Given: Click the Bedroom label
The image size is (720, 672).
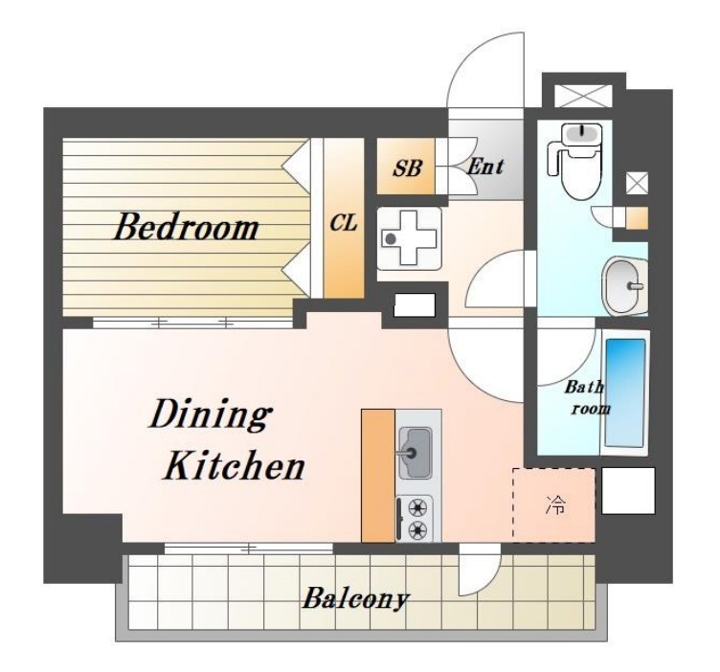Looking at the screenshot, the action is click(187, 227).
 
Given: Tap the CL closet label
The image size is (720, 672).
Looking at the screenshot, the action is click(344, 223).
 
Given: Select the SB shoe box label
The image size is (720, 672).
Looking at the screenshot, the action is click(407, 168).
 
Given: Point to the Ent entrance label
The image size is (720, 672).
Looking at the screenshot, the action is click(485, 168).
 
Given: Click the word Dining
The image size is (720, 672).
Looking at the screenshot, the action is click(210, 415).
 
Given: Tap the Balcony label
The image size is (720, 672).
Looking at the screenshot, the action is click(355, 598).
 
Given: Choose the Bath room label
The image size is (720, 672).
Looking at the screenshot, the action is click(585, 397).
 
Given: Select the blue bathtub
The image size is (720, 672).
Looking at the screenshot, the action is click(625, 392).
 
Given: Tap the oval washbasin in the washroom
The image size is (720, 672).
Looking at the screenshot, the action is click(624, 286).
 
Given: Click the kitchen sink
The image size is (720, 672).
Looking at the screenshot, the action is click(415, 453).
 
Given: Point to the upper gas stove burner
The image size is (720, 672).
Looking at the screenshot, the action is click(416, 507).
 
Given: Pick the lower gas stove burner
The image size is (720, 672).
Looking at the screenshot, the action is click(416, 530).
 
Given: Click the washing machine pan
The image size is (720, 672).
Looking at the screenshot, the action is click(409, 237).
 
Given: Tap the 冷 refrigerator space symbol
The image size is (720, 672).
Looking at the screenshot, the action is click(555, 504).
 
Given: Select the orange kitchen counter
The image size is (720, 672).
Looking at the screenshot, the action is click(378, 476).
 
